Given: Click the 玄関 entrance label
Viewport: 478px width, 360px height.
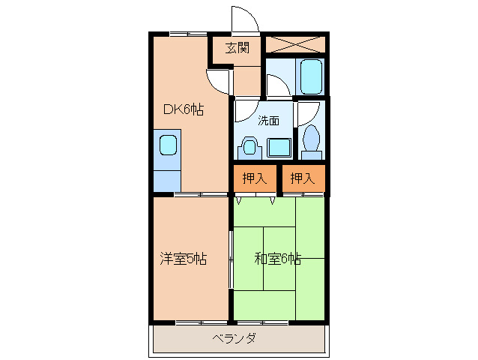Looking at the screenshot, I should click(x=238, y=50).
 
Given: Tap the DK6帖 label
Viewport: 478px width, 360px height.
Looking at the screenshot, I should click(x=184, y=109).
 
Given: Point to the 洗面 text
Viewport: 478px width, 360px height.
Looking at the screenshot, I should click(x=269, y=120).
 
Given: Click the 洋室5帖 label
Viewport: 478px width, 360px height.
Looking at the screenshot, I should click(x=183, y=259).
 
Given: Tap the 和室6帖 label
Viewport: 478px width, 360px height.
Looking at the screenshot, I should click(x=277, y=259).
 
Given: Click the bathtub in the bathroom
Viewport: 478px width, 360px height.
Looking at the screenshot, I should click(x=311, y=75).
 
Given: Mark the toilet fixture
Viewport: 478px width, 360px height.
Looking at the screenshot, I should click(x=311, y=141).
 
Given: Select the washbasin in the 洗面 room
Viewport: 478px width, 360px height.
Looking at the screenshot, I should click(x=249, y=145).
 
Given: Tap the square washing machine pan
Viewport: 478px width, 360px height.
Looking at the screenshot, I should click(x=279, y=146).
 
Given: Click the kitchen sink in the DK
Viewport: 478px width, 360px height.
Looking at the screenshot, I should click(x=167, y=143).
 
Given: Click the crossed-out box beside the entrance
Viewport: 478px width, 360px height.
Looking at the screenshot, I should click(x=296, y=43).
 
